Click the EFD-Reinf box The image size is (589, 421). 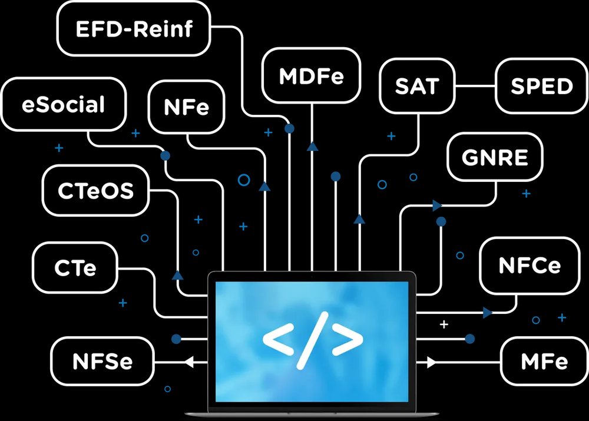134,28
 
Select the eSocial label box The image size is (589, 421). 64,105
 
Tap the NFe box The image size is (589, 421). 187,107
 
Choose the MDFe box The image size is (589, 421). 311,75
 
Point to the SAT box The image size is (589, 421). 417,86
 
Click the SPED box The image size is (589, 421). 541,86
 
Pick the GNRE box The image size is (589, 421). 495,157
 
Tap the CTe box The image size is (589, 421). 75,268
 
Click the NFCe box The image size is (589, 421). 530,265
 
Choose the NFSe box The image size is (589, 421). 102,362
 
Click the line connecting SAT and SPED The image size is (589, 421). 475,87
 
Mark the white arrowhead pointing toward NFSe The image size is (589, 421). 189,363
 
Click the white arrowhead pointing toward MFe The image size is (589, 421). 432,363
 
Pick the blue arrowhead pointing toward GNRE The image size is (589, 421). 437,205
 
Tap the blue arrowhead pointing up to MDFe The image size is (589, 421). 312,146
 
